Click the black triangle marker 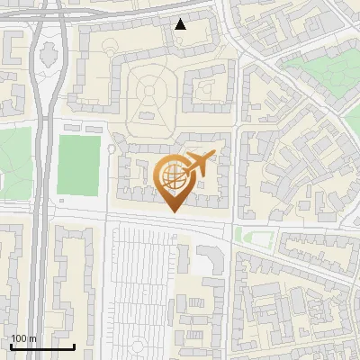pyautogui.click(x=181, y=24)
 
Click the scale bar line pyautogui.click(x=42, y=346)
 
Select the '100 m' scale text pyautogui.click(x=24, y=338)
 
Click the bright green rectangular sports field pyautogui.click(x=78, y=165)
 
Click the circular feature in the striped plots pyautogui.click(x=138, y=346)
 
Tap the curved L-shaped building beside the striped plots pyautogui.click(x=212, y=260)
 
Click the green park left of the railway pyautogui.click(x=13, y=157)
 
